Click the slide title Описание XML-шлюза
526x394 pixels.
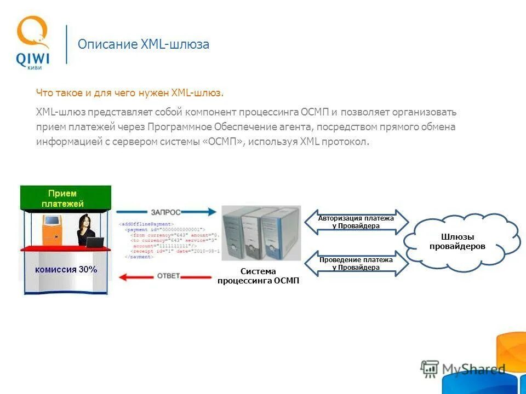[144, 44]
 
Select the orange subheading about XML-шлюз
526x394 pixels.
[130, 93]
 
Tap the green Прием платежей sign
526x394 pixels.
[66, 198]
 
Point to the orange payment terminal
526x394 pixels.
[52, 230]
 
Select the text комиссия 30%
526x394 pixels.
[66, 269]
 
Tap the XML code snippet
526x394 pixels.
[170, 240]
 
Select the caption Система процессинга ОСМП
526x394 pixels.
[258, 276]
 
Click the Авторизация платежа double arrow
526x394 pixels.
[356, 222]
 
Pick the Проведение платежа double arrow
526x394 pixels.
[356, 264]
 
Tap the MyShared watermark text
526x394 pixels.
[474, 369]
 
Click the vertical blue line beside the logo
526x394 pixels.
[67, 44]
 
